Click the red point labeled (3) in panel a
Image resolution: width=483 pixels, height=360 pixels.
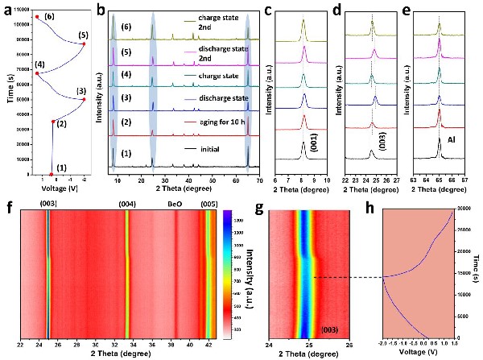tap(84, 99)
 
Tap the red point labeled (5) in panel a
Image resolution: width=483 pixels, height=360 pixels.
tap(84, 44)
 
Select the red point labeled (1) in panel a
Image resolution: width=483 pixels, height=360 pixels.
tap(52, 174)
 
